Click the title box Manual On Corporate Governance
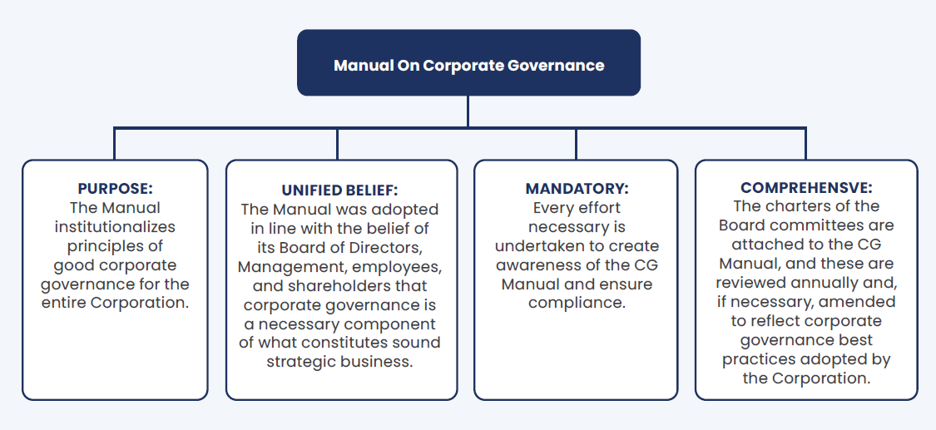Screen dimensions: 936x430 [468, 62]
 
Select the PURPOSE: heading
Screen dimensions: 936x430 [115, 189]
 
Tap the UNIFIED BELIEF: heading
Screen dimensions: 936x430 [339, 190]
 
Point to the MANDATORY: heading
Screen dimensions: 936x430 [577, 189]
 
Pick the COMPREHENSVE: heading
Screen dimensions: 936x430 [806, 188]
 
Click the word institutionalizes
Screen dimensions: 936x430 [115, 226]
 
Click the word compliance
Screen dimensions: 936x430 [577, 303]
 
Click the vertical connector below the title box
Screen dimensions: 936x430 [468, 111]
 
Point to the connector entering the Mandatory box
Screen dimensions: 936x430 [576, 144]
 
